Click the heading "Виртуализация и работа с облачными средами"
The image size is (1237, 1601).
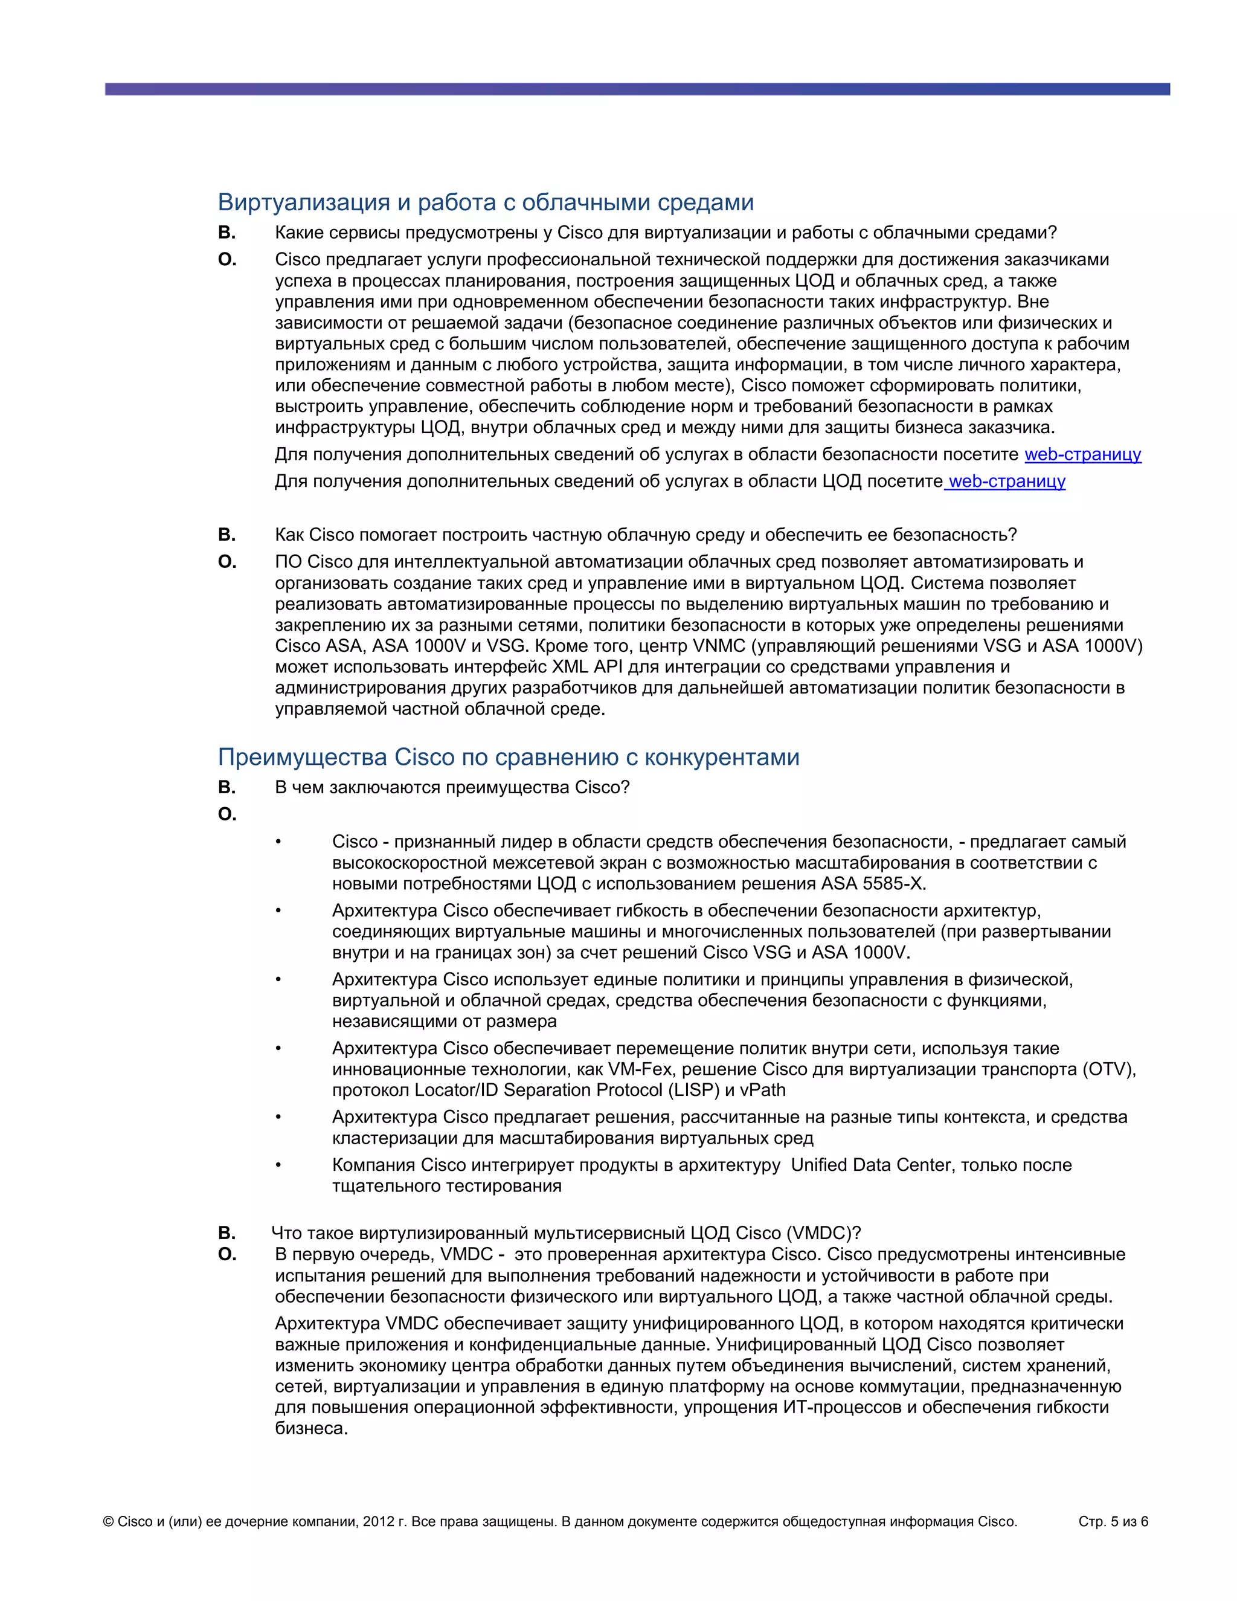(485, 202)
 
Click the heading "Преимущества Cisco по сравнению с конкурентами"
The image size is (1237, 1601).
(508, 756)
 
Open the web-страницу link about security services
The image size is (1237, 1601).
(1082, 454)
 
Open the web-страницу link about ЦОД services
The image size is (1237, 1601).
(1006, 482)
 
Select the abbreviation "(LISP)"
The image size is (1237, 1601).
(693, 1090)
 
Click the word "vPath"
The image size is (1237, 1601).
(762, 1090)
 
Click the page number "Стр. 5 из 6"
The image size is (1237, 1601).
(1113, 1522)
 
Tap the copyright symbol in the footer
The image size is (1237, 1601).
(109, 1522)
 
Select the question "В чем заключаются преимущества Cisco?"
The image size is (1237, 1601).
(452, 787)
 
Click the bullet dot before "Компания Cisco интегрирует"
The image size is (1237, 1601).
(278, 1165)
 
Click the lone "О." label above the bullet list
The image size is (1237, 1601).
(227, 814)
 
